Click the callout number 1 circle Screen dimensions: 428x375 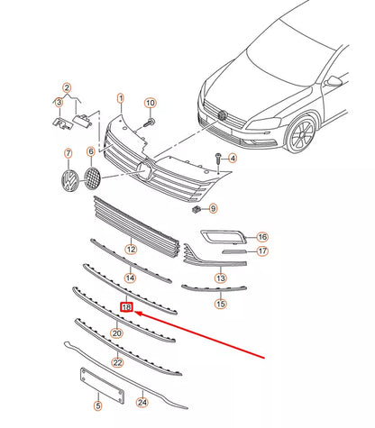click(x=122, y=96)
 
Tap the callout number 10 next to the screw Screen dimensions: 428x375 click(x=151, y=103)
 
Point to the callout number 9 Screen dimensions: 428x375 click(x=214, y=209)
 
